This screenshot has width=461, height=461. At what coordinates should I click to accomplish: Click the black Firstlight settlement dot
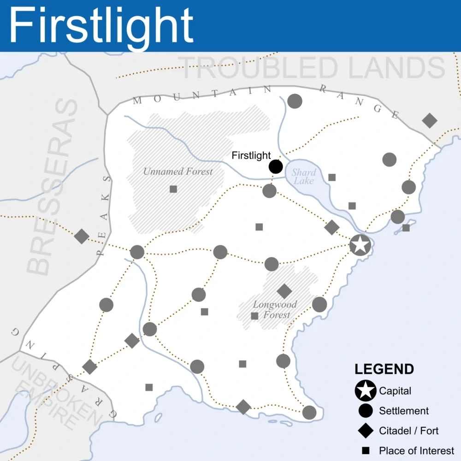pyautogui.click(x=276, y=166)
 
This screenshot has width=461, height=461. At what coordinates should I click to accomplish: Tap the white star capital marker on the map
pyautogui.click(x=360, y=245)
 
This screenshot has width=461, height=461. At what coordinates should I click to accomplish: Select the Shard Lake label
pyautogui.click(x=304, y=176)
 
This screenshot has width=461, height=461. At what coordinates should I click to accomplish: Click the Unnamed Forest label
pyautogui.click(x=178, y=171)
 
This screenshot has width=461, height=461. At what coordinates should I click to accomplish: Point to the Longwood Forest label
pyautogui.click(x=275, y=310)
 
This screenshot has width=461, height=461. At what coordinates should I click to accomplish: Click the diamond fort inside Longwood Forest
pyautogui.click(x=284, y=291)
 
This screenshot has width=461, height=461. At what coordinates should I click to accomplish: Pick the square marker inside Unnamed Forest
pyautogui.click(x=173, y=189)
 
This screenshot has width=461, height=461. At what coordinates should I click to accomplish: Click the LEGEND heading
pyautogui.click(x=384, y=369)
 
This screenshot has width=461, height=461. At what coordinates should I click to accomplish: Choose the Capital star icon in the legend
pyautogui.click(x=366, y=391)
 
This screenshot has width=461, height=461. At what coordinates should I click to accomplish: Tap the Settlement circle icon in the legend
pyautogui.click(x=366, y=411)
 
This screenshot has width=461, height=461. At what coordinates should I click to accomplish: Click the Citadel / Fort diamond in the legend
pyautogui.click(x=366, y=431)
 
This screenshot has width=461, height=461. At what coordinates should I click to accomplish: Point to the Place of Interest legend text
pyautogui.click(x=416, y=450)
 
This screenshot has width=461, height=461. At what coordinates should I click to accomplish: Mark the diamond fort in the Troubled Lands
pyautogui.click(x=430, y=120)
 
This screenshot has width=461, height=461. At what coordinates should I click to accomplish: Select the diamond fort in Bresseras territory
pyautogui.click(x=82, y=236)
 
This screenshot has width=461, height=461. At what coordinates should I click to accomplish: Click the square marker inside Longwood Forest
pyautogui.click(x=254, y=316)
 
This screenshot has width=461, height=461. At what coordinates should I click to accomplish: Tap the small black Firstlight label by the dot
pyautogui.click(x=251, y=156)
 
